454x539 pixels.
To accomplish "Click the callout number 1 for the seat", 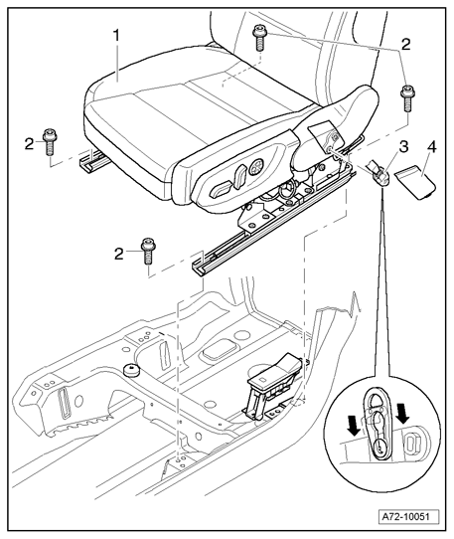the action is point(117,36).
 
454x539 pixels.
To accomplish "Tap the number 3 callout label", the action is point(403,146).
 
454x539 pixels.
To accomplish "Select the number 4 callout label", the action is point(432,147).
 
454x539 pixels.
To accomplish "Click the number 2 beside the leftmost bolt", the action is point(29,144).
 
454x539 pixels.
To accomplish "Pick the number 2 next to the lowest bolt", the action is point(119,254).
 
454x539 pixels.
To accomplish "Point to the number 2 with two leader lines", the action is point(405,45).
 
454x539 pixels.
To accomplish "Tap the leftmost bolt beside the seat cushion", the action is point(50,142).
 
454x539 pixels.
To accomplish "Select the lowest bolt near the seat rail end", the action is point(148,251).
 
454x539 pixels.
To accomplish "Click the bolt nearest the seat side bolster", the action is point(407,98).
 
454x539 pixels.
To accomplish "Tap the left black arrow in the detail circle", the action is point(354,425).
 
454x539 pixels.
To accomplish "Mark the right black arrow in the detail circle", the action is point(402,414).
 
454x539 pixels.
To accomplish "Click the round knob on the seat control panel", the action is point(256,167).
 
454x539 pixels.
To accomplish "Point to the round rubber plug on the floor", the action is point(131,370).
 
